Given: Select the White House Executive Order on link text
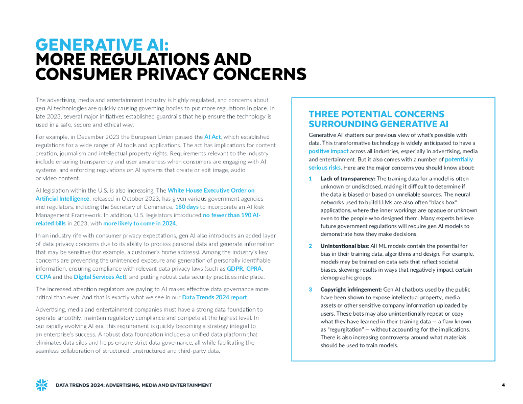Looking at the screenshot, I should [211, 190].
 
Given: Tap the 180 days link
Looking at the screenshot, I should [186, 207].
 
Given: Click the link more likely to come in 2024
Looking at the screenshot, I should [139, 223].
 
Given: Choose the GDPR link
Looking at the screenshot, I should [234, 268].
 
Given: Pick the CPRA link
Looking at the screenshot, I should [254, 268].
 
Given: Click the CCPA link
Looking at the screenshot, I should [43, 277].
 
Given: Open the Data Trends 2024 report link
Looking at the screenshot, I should [215, 297].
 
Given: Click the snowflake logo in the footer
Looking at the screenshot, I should [41, 385].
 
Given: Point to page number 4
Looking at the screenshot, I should [503, 385].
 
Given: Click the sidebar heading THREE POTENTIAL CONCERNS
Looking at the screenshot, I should [376, 114].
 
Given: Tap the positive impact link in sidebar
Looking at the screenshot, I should [328, 151].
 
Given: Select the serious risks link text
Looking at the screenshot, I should [324, 168].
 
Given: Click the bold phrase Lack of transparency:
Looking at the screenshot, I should [348, 178].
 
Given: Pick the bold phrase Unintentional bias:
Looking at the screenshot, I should [345, 246].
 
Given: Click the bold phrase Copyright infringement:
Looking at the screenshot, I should [351, 290].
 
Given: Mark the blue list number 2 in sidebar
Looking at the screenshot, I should [310, 246].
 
